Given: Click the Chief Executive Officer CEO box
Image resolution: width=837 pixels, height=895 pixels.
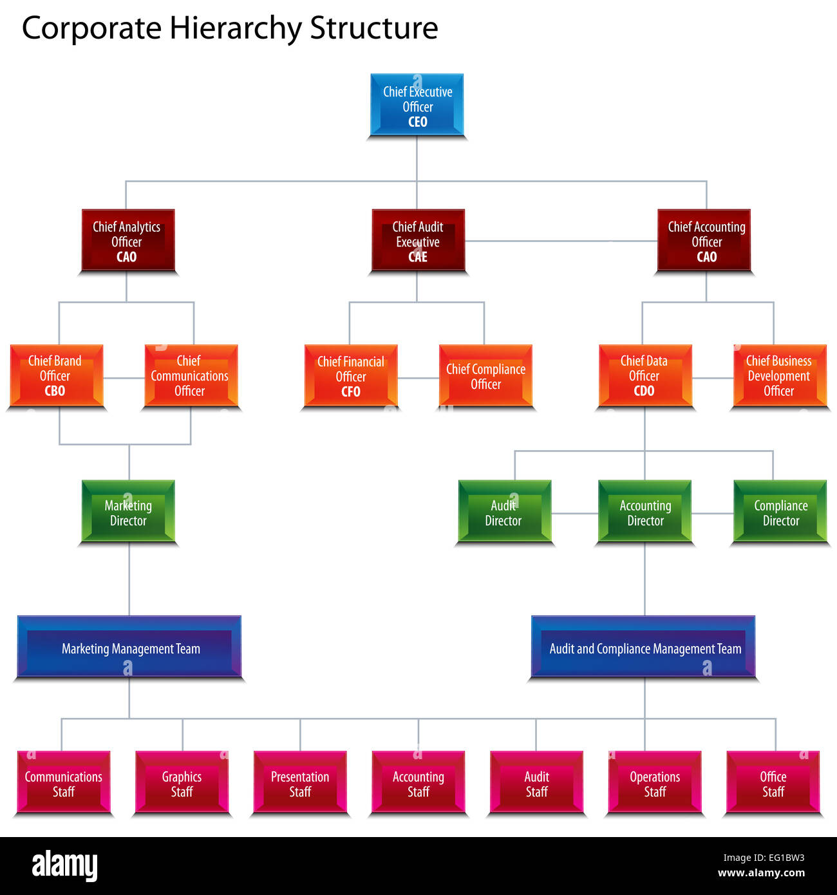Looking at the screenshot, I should pyautogui.click(x=417, y=105).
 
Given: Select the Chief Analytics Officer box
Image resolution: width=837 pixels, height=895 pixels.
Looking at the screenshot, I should pyautogui.click(x=127, y=241).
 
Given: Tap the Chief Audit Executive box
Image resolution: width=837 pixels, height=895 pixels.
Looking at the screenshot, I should pyautogui.click(x=418, y=241).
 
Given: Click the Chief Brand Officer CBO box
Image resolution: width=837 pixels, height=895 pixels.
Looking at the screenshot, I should pyautogui.click(x=56, y=376).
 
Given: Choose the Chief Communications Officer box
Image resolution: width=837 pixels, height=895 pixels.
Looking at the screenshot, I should pyautogui.click(x=191, y=376).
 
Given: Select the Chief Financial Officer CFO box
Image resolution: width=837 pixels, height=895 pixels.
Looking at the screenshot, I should pyautogui.click(x=351, y=377).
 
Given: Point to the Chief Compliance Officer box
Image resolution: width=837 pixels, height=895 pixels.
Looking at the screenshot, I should pyautogui.click(x=486, y=377).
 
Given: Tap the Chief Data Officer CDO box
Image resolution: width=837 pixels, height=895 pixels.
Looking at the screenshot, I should pyautogui.click(x=644, y=376).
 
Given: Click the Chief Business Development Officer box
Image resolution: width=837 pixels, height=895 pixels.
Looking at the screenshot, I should pyautogui.click(x=779, y=376).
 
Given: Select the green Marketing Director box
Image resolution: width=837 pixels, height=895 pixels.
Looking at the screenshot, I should pyautogui.click(x=128, y=513).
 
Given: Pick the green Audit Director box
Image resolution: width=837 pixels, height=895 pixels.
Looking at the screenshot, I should pyautogui.click(x=504, y=513).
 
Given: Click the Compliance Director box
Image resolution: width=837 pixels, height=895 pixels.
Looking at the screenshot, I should pyautogui.click(x=780, y=513).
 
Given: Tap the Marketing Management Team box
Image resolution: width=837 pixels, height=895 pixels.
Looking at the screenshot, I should pyautogui.click(x=129, y=648).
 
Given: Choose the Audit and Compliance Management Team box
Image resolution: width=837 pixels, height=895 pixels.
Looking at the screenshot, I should pyautogui.click(x=644, y=648).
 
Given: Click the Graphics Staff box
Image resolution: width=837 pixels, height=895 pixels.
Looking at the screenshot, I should pyautogui.click(x=182, y=783).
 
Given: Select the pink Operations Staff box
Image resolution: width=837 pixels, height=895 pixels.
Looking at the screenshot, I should pyautogui.click(x=655, y=783).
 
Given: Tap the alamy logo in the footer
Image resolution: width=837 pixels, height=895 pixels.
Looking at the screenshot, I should pyautogui.click(x=64, y=866).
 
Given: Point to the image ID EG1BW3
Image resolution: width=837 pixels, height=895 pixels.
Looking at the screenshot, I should pyautogui.click(x=781, y=858).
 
